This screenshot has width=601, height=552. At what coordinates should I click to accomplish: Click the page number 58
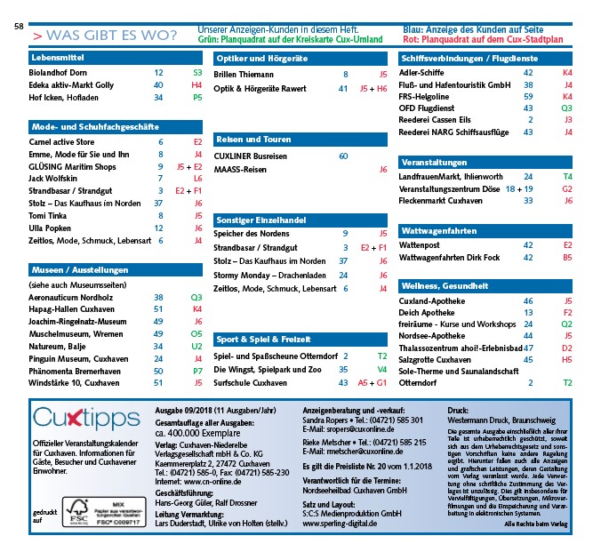[x=19, y=27]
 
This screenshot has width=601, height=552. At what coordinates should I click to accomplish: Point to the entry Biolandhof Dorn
[x=58, y=73]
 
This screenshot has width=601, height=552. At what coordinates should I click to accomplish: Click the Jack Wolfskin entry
[x=53, y=179]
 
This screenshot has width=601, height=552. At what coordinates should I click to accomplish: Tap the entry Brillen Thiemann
[x=244, y=75]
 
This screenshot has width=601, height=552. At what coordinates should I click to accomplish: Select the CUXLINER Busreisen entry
[x=252, y=156]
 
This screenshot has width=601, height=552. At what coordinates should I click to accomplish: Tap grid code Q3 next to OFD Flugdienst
[x=566, y=108]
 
